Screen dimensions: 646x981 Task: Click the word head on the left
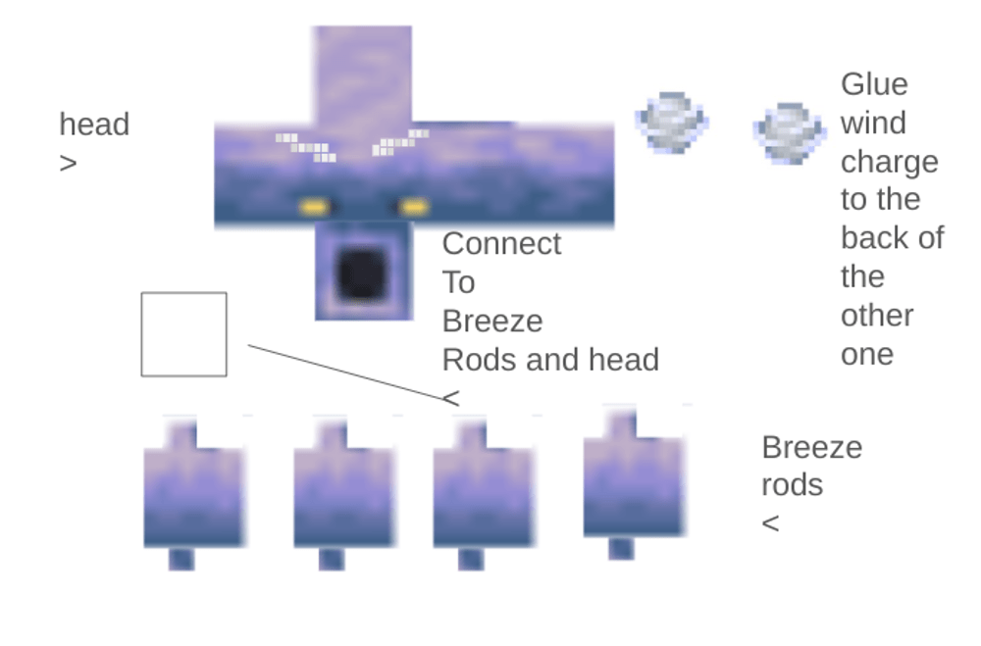[x=94, y=124]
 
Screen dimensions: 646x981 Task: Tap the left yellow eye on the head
[x=314, y=207]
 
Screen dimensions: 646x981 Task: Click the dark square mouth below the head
[x=361, y=274]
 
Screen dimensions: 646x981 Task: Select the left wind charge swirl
[x=672, y=122]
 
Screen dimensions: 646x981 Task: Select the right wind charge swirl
[x=789, y=131]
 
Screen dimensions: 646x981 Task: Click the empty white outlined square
[x=183, y=334]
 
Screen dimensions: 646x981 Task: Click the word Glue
[x=874, y=84]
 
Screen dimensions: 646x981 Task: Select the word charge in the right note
[x=889, y=161]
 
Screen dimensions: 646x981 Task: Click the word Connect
[x=501, y=243]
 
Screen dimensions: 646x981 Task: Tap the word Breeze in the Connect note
[x=492, y=322]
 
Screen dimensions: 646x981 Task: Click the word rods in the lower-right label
[x=792, y=485]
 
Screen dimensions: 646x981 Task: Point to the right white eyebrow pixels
[x=399, y=143]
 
